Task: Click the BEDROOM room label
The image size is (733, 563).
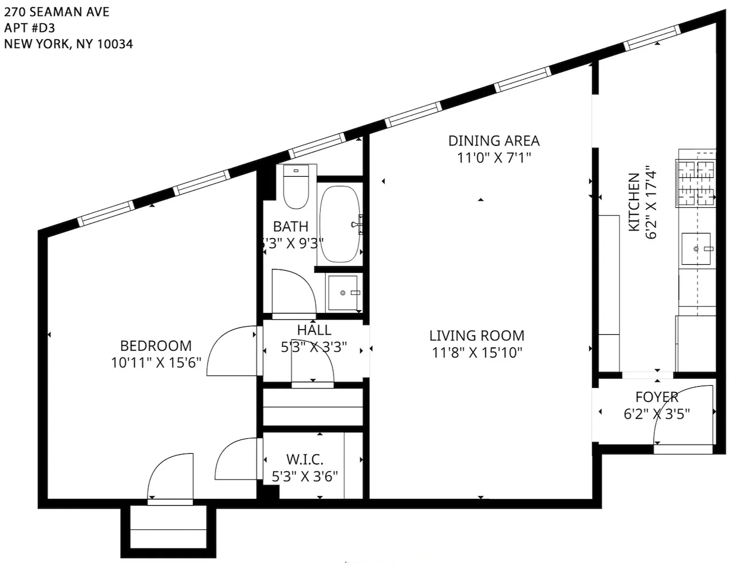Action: point(156,346)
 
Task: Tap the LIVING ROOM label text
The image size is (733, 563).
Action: point(476,335)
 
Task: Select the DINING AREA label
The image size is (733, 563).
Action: point(494,140)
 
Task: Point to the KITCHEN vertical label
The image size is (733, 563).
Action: point(634,203)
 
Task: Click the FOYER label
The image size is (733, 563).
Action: point(657,397)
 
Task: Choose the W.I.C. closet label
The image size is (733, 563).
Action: point(305,459)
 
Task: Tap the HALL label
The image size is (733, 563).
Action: point(314,330)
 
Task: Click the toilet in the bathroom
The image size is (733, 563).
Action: point(296,187)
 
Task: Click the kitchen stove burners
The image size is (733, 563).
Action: point(697,183)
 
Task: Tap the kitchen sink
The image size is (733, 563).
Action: point(696,249)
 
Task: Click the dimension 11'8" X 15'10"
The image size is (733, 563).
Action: point(476,353)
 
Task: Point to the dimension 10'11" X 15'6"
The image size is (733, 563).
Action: point(156,363)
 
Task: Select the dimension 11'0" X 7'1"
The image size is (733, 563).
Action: point(494,158)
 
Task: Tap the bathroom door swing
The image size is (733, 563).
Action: point(293,292)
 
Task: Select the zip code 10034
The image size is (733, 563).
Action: point(115,43)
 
